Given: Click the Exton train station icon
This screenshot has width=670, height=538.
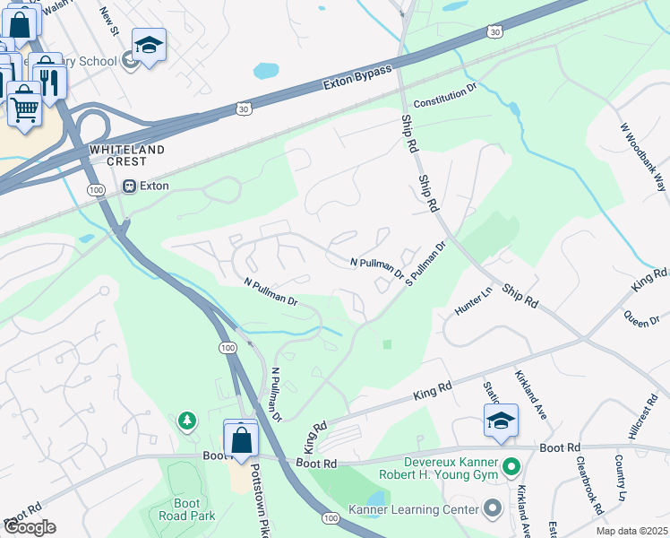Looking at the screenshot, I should point(129,187).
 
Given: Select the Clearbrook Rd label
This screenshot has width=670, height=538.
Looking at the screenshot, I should point(588,486).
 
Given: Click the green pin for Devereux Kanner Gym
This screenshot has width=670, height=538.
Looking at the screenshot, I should point(511,467).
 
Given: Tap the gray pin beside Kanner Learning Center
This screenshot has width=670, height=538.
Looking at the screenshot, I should point(493,509).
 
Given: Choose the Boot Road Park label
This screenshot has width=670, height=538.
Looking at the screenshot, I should point(187,509).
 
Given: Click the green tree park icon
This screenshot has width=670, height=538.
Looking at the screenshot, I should point(186,420).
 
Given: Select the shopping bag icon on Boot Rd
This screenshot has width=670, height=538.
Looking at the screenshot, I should point(241,440).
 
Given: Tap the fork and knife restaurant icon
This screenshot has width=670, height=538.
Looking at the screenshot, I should point(48,82).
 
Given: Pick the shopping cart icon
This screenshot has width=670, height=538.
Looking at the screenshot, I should point(25,107).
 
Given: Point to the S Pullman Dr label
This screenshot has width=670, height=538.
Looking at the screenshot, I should point(425,263).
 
